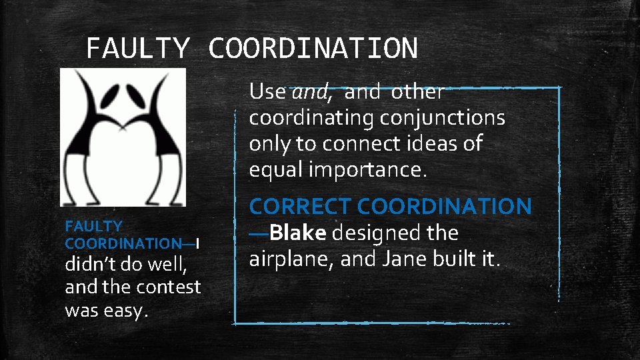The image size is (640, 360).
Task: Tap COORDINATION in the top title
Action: click(313, 48)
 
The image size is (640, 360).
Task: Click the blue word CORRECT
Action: click(301, 207)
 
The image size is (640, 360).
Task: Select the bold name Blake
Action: click(299, 233)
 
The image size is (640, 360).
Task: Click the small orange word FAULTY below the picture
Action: click(93, 227)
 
